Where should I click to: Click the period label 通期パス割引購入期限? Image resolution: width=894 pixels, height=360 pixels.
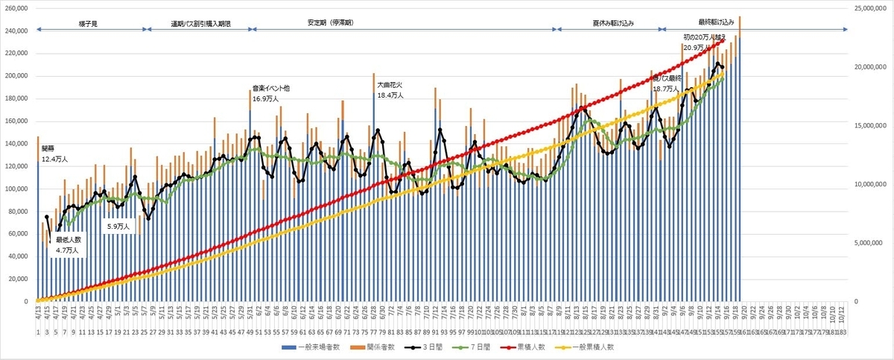pyautogui.click(x=200, y=23)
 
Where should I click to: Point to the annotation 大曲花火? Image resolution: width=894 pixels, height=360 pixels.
pyautogui.click(x=389, y=85)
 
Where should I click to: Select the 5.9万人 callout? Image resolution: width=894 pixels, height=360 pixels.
pyautogui.click(x=118, y=226)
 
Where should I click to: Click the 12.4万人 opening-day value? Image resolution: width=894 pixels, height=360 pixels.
pyautogui.click(x=54, y=159)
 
